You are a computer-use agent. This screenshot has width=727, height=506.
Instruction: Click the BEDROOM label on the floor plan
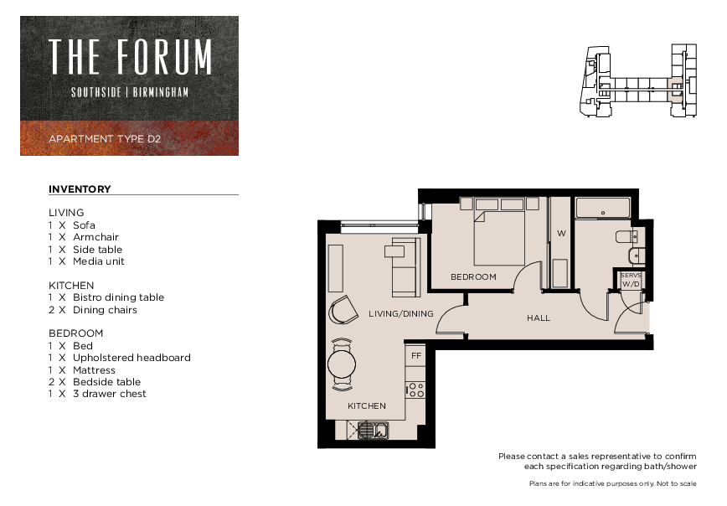[473, 277]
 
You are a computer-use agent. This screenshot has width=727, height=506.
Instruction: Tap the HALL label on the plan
[539, 318]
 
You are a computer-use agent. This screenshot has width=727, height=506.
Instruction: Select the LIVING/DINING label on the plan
[401, 314]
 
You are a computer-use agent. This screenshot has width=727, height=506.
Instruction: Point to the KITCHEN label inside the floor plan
[367, 405]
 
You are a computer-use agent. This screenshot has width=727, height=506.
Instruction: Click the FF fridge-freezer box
[416, 355]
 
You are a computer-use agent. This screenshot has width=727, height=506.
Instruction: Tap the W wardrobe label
[561, 233]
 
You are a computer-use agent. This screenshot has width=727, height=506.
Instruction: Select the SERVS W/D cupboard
[630, 280]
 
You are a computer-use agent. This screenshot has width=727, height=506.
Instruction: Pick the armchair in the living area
[343, 310]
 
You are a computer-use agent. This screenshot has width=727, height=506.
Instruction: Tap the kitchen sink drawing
[374, 430]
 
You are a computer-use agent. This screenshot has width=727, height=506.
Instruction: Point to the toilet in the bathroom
[626, 236]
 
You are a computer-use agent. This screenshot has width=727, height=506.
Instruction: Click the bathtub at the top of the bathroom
[603, 208]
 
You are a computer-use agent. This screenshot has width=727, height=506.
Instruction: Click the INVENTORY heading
[80, 189]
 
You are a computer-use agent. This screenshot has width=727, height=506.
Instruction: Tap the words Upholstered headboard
[131, 358]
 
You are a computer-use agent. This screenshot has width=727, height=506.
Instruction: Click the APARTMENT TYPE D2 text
[105, 139]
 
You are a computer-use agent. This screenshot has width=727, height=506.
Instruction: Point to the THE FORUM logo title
[131, 57]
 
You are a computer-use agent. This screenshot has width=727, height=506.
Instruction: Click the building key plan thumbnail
[638, 80]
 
